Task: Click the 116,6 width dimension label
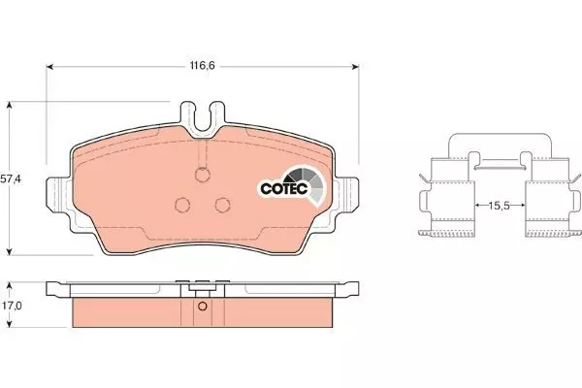pos(203,66)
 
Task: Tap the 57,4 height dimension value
pos(11,178)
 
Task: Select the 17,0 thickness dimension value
pos(11,306)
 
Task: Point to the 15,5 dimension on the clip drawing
pos(500,206)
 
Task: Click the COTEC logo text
pos(284,188)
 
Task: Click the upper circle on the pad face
pos(203,175)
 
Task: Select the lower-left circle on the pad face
pos(182,205)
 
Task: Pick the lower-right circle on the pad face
pos(223,205)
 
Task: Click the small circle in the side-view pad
pos(203,307)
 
